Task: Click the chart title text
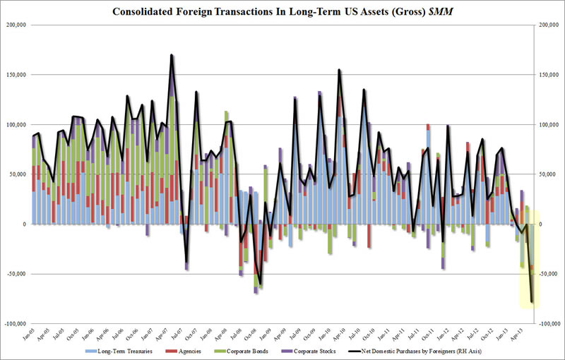pyautogui.click(x=282, y=10)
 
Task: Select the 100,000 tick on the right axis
pyautogui.click(x=549, y=125)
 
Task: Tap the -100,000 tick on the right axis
pyautogui.click(x=548, y=324)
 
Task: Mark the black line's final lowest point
pyautogui.click(x=532, y=302)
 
